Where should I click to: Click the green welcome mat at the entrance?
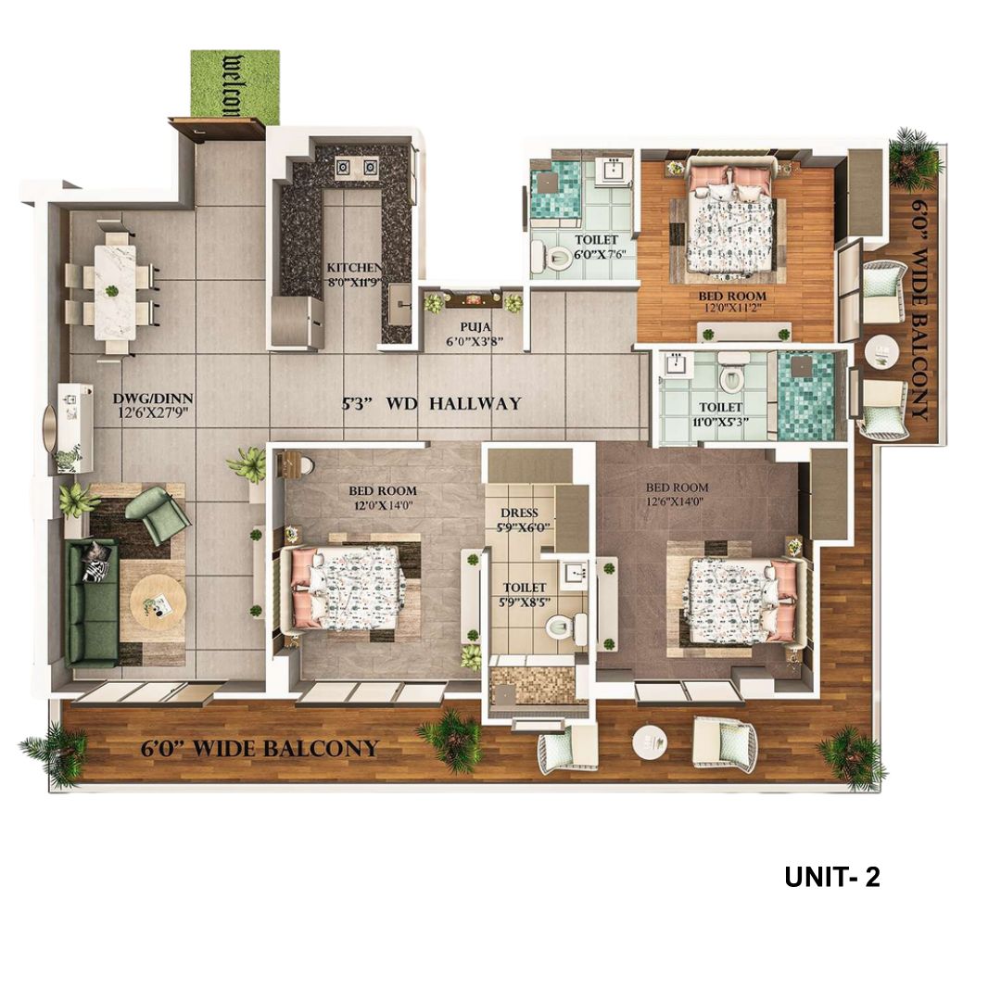click(x=234, y=86)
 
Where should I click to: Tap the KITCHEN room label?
click(x=354, y=268)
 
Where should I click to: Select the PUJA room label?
click(x=474, y=327)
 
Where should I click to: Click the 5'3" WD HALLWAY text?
click(x=432, y=403)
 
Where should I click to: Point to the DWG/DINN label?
click(x=153, y=399)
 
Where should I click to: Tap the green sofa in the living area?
click(x=92, y=602)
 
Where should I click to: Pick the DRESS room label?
click(x=519, y=513)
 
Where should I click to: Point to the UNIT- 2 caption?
click(x=831, y=877)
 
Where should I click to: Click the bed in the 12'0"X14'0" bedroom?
click(x=348, y=588)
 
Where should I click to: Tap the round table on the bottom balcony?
click(x=650, y=741)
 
